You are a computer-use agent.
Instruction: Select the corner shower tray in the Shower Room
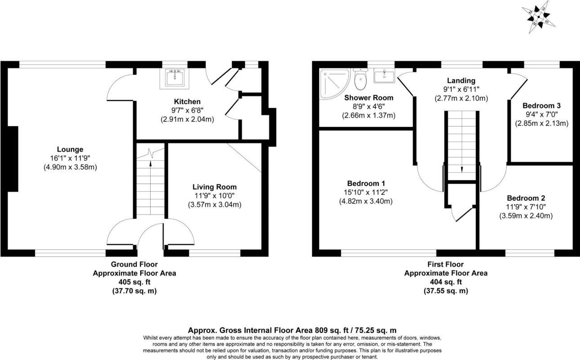click(331, 84)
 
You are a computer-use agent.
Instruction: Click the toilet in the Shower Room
click(360, 80)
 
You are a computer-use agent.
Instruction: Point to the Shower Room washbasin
click(384, 76)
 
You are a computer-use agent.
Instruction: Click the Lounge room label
click(70, 149)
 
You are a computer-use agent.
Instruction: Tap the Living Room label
click(214, 187)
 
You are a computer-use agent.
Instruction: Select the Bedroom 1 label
click(366, 183)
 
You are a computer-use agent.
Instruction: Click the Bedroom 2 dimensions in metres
click(526, 216)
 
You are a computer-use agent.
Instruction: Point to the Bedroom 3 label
click(541, 105)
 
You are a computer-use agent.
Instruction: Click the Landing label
click(461, 81)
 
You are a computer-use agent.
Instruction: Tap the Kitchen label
click(187, 102)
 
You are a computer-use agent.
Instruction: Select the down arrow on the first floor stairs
click(461, 169)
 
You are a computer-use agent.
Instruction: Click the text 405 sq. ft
click(134, 282)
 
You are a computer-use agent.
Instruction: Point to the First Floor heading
click(446, 264)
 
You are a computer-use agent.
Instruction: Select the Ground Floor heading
click(134, 264)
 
